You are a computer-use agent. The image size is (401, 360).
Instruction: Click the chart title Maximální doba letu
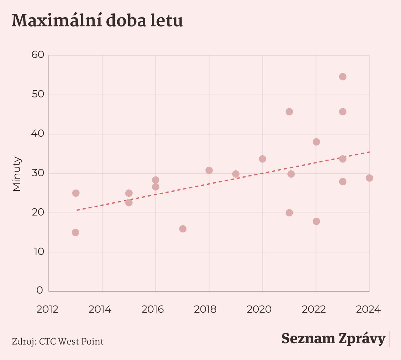click(x=97, y=21)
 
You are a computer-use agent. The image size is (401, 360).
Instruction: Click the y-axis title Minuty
click(x=17, y=174)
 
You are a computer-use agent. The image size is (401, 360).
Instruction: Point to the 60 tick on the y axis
click(x=38, y=55)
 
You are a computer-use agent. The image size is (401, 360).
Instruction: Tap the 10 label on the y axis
click(x=38, y=251)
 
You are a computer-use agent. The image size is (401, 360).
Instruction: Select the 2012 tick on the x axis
click(x=47, y=309)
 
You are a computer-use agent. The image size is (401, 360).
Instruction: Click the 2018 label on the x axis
click(x=205, y=309)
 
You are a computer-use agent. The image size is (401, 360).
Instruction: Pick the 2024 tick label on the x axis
click(x=368, y=309)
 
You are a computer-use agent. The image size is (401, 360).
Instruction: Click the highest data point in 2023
click(x=343, y=77)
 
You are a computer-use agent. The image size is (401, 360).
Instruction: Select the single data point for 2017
click(x=183, y=229)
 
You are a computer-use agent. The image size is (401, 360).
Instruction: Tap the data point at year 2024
click(x=369, y=178)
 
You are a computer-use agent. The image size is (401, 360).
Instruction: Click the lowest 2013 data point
click(x=76, y=232)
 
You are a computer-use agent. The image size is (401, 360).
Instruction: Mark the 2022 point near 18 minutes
click(x=316, y=221)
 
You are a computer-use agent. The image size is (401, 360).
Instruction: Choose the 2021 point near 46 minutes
click(x=289, y=112)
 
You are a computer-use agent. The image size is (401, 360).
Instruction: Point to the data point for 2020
click(x=263, y=159)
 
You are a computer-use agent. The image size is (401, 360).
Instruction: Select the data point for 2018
click(x=209, y=170)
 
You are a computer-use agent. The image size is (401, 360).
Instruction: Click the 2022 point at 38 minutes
click(x=316, y=142)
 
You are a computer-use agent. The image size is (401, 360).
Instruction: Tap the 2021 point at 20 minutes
click(x=289, y=213)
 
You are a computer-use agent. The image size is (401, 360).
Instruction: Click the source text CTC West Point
click(x=71, y=342)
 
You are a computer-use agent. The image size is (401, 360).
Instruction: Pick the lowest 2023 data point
click(x=343, y=182)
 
